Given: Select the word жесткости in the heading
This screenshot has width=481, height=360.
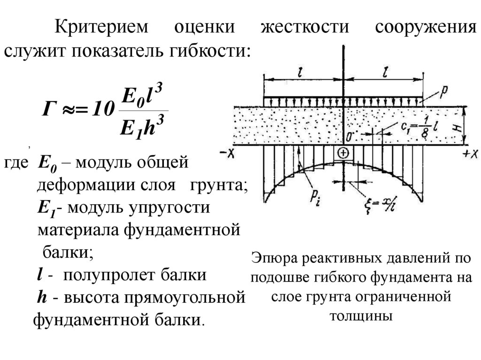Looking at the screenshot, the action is [x=305, y=27].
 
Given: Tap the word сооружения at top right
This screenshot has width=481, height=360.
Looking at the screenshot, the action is [x=426, y=27].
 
